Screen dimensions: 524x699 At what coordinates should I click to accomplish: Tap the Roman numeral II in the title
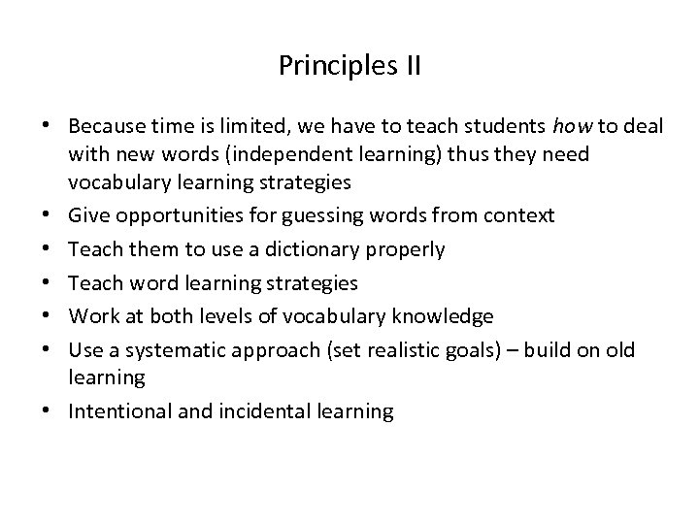(408, 66)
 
